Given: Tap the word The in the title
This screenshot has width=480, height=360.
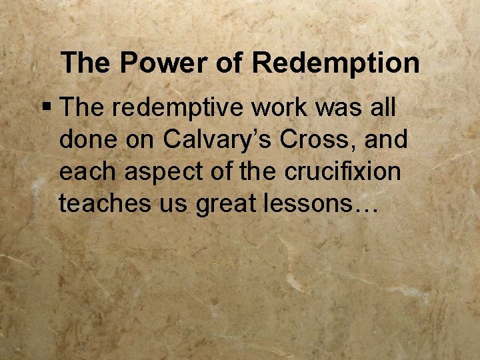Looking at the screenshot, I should pos(85,63).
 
